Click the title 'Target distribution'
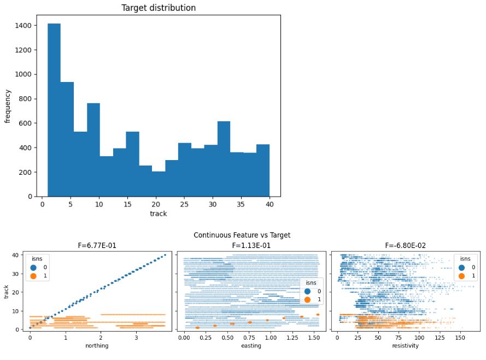pyautogui.click(x=159, y=8)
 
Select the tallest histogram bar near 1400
pyautogui.click(x=54, y=109)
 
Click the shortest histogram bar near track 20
pyautogui.click(x=159, y=184)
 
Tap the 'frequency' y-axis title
pyautogui.click(x=8, y=105)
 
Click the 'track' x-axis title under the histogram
pyautogui.click(x=159, y=214)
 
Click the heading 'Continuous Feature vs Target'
pyautogui.click(x=242, y=235)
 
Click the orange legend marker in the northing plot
pyautogui.click(x=33, y=276)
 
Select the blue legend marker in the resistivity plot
pyautogui.click(x=460, y=268)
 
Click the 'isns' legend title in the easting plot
pyautogui.click(x=312, y=282)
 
